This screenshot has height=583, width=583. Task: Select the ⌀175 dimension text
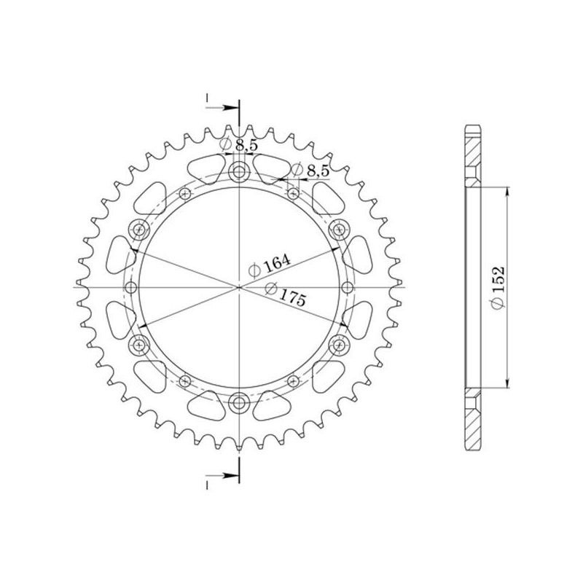(x=284, y=292)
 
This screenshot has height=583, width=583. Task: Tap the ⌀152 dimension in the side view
(x=498, y=289)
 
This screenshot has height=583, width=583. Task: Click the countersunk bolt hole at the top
(x=238, y=173)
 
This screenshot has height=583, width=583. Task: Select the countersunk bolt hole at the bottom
(x=238, y=399)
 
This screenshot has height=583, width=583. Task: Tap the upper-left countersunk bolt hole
(x=139, y=230)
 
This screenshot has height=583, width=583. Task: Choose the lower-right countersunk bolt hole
(x=337, y=343)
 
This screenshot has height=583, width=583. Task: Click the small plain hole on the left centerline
(x=130, y=286)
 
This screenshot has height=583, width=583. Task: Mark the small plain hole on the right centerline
(x=347, y=286)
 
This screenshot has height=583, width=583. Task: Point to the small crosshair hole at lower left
(x=184, y=380)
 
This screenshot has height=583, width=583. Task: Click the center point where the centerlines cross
(x=238, y=286)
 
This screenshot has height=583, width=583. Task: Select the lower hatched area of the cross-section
(x=472, y=423)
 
